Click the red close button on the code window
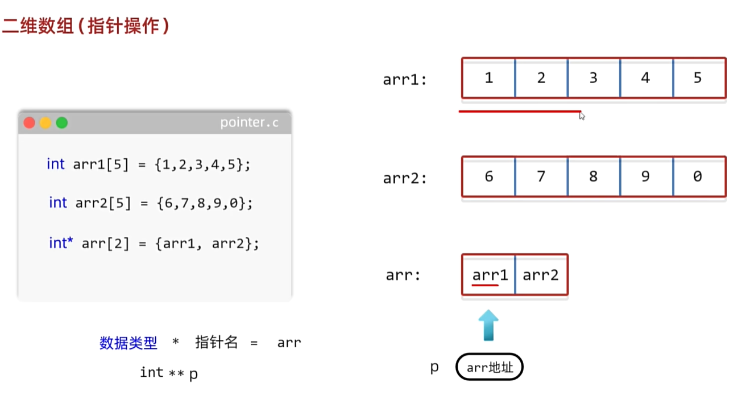30,123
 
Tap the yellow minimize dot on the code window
45,123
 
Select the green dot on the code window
61,123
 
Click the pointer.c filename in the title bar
249,123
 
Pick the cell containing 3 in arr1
593,78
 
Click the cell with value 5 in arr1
698,78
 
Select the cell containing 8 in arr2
593,176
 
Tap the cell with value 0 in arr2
698,176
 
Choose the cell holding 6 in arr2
488,176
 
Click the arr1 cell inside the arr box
489,275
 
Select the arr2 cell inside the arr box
541,275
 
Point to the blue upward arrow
488,326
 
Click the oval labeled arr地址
490,368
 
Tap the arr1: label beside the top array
404,80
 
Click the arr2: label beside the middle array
404,179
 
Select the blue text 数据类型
128,343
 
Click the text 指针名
216,343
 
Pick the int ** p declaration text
169,373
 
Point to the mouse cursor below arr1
582,116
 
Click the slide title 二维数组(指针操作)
85,26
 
